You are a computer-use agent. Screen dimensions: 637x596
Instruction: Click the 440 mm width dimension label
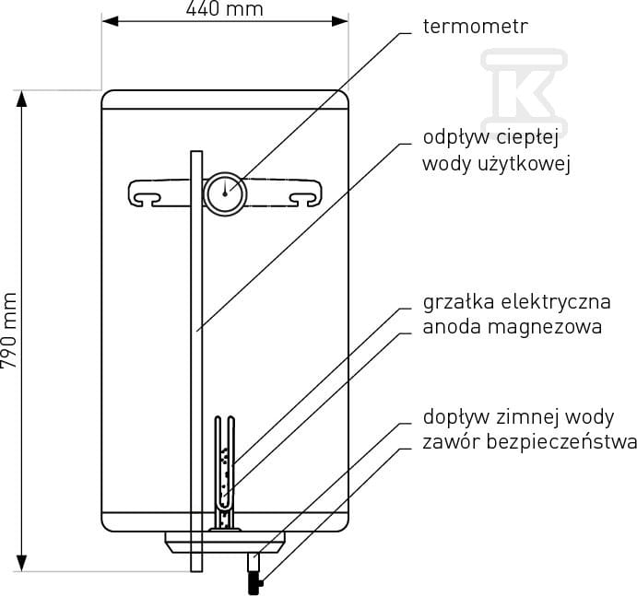tap(225, 9)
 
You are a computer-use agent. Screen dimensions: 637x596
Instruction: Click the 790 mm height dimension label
tap(9, 330)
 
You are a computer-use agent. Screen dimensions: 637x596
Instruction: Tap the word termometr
tap(476, 27)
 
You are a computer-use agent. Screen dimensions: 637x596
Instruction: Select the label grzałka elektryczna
tap(517, 302)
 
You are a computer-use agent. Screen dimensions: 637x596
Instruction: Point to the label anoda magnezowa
tap(513, 327)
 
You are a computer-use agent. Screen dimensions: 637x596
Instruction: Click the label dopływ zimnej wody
tap(518, 417)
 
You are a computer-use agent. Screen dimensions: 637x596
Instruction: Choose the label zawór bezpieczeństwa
tap(530, 442)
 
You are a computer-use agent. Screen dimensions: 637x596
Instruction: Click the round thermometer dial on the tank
tap(225, 193)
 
